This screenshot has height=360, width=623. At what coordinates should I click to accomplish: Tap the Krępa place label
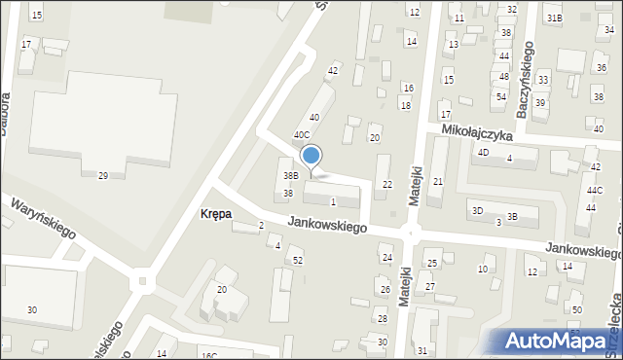point(215,213)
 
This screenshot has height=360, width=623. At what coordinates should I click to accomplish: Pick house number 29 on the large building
point(102,175)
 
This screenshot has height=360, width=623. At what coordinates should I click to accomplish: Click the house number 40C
point(302,135)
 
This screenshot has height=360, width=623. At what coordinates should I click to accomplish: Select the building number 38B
point(290,176)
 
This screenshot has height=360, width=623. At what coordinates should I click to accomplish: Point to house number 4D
point(482,152)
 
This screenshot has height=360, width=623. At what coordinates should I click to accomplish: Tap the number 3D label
point(477,210)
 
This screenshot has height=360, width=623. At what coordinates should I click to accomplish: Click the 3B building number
point(511,216)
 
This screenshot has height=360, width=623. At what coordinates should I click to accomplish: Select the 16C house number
point(208,355)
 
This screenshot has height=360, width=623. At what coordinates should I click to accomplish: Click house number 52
point(298,260)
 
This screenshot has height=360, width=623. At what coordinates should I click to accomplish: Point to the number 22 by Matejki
point(387,184)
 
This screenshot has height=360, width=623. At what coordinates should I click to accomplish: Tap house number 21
point(438,182)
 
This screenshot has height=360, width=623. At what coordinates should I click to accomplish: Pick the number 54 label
point(500,96)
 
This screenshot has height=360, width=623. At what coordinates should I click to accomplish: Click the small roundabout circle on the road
point(144,282)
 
